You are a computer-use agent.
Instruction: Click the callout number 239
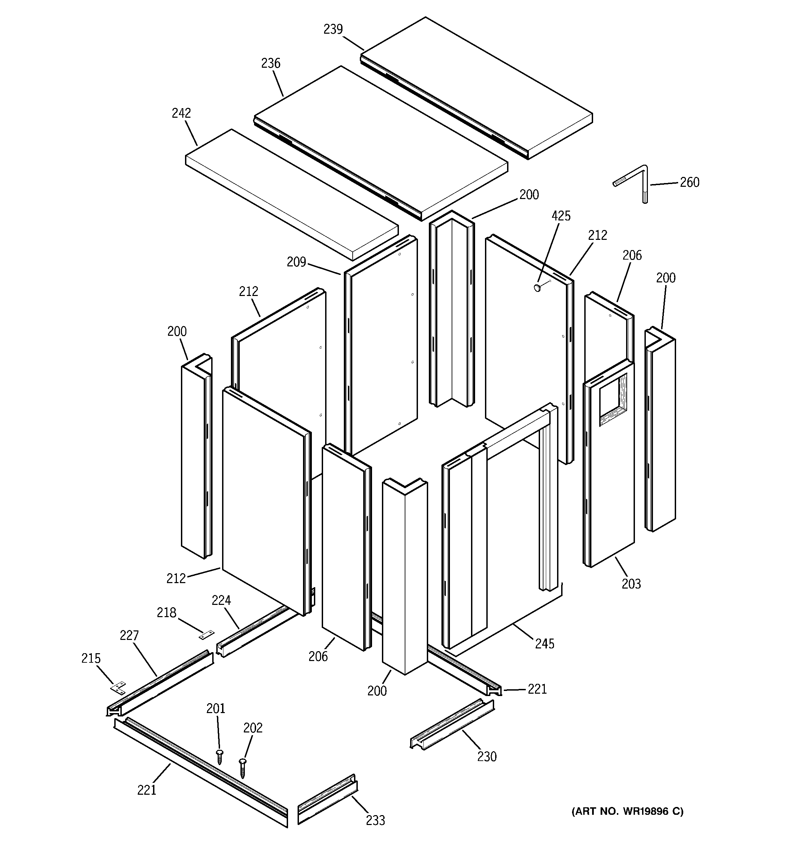click(333, 29)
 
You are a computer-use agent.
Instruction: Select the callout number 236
click(271, 63)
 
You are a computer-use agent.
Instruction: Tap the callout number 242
click(181, 113)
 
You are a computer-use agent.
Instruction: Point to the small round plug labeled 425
click(537, 288)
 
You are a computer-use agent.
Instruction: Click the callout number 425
click(561, 216)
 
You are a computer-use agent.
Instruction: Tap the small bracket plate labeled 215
click(119, 688)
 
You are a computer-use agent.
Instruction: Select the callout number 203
click(631, 584)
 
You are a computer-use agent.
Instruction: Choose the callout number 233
click(375, 821)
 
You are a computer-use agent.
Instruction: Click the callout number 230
click(487, 757)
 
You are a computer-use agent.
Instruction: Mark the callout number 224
click(221, 600)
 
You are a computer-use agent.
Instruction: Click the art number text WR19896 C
click(627, 811)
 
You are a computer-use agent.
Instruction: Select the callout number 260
click(689, 183)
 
